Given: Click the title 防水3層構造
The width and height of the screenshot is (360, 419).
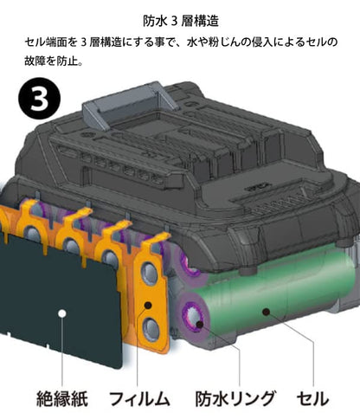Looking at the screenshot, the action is [x=181, y=21].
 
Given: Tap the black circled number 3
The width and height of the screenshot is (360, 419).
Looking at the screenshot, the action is [x=40, y=99].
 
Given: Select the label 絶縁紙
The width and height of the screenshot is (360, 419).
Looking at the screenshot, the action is [x=62, y=398].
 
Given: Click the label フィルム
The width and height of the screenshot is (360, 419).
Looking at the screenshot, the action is [x=139, y=398].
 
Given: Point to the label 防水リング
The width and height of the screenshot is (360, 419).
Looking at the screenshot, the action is [x=235, y=398].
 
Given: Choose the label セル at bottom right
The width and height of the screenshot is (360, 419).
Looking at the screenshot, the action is [x=312, y=398].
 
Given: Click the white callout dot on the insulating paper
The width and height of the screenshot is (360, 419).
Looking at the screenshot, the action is [x=61, y=313].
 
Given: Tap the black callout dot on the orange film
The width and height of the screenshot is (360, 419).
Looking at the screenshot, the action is [x=148, y=305].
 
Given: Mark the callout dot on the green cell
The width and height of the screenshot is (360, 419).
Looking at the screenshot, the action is [x=266, y=312].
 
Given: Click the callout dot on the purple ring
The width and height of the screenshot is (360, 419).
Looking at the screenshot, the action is [x=200, y=324].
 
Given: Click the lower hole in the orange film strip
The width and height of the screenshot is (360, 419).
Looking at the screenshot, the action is [x=151, y=330].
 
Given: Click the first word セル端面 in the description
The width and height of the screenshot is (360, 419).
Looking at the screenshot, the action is [x=47, y=42].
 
